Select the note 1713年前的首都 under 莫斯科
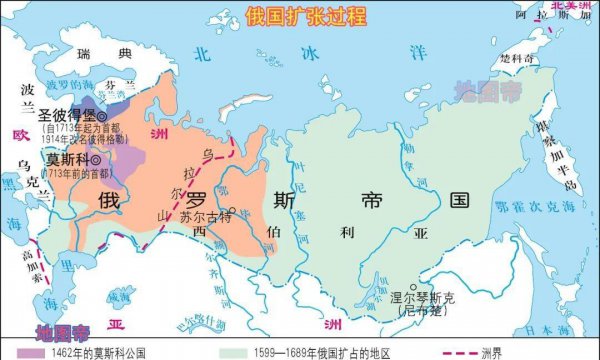[x=70, y=173]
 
